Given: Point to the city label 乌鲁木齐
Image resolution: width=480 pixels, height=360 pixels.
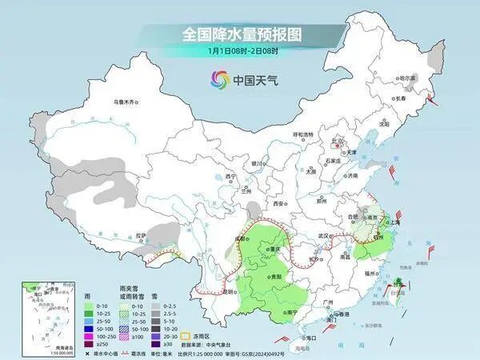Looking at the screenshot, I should click(126, 102).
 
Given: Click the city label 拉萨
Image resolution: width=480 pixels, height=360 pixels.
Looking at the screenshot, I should click(141, 235).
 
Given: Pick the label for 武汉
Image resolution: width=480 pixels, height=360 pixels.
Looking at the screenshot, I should click(324, 237).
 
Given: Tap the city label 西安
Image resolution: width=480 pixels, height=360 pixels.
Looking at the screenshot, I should click(278, 204).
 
